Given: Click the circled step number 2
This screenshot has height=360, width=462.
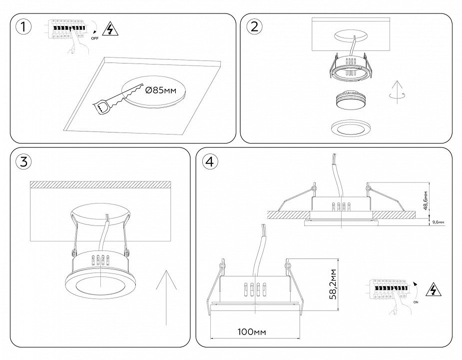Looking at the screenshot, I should click(x=254, y=27).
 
